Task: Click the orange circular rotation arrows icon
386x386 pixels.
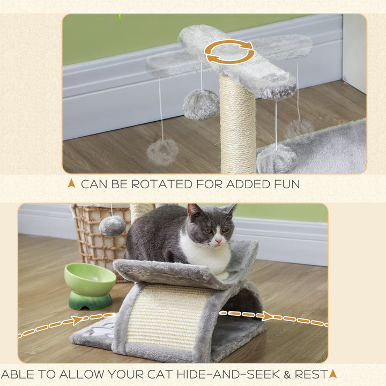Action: pos(229,51)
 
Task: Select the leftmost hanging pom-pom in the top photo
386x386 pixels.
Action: pos(162,152)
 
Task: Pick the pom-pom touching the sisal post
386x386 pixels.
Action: pos(201,104)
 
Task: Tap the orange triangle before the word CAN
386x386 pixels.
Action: pos(71,183)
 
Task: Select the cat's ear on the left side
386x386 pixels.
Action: pos(195,212)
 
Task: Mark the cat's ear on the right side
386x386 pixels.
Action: pos(229,209)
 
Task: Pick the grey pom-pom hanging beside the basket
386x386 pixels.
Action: pos(113,226)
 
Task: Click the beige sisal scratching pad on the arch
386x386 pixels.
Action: pos(167,316)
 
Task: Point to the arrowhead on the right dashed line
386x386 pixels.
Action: pos(266,316)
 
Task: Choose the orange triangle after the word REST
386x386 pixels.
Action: pos(333,373)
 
